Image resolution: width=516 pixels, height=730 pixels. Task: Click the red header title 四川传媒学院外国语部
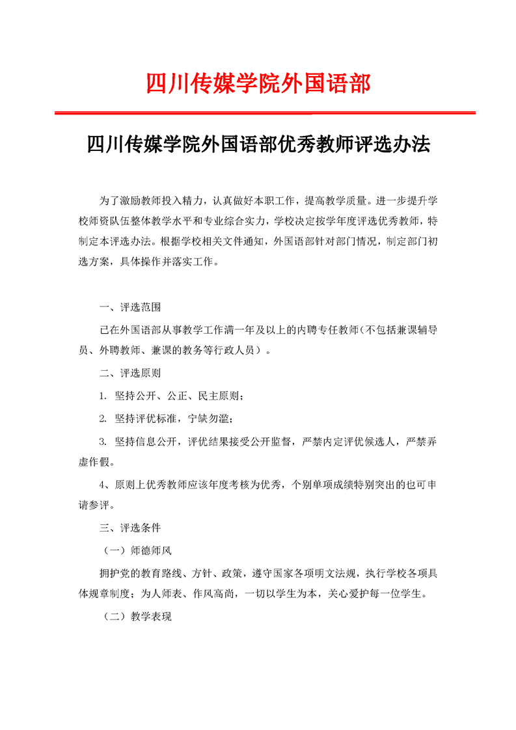(x=258, y=84)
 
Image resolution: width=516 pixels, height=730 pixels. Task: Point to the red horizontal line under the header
(x=264, y=113)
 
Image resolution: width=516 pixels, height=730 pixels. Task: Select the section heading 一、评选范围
(x=129, y=306)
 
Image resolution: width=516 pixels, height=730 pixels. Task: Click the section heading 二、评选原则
(x=129, y=373)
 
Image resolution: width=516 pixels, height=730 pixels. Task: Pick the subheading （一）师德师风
(x=137, y=550)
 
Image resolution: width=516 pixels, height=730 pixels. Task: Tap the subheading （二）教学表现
(x=137, y=616)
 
